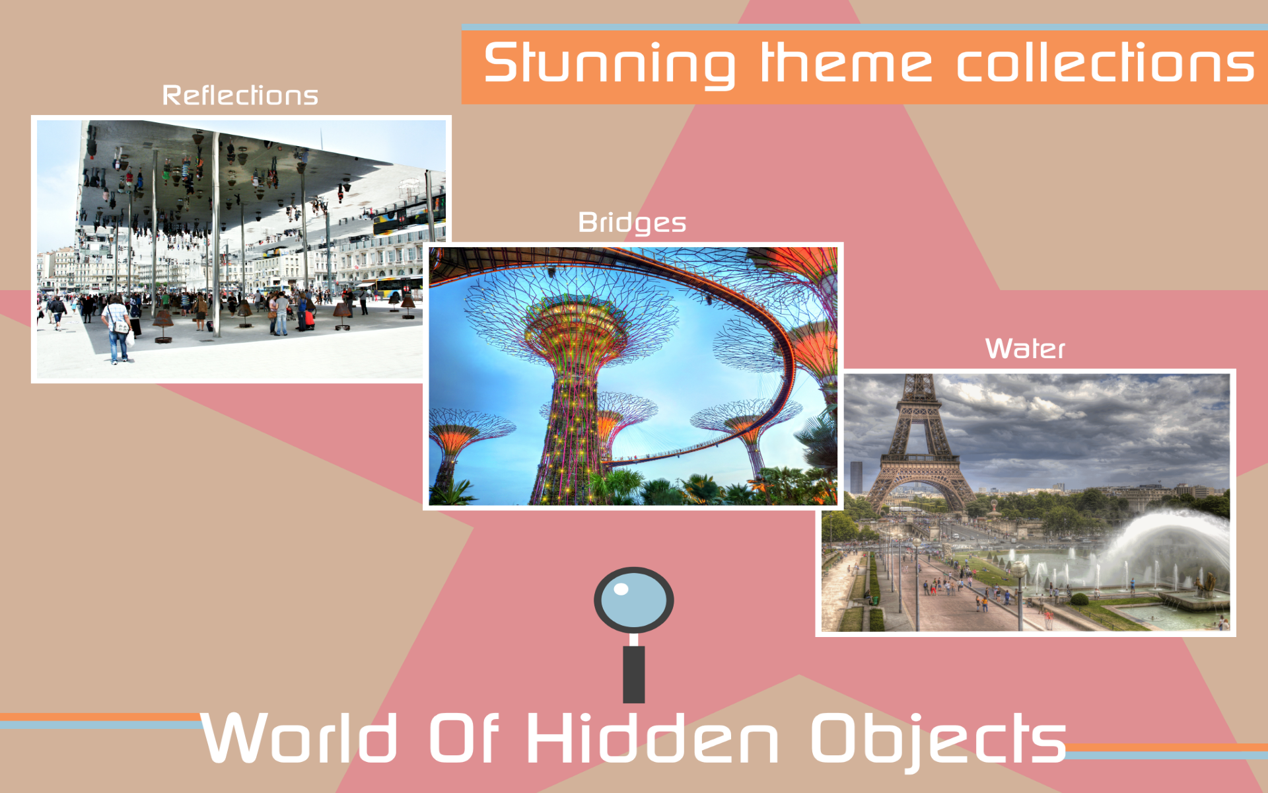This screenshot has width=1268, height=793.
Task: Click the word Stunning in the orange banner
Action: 609,64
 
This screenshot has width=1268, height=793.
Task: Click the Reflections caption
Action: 240,96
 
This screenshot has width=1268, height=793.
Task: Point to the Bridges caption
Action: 632,223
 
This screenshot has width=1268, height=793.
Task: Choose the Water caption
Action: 1025,348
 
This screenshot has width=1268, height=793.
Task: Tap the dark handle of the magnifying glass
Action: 633,674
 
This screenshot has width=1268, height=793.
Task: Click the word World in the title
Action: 299,738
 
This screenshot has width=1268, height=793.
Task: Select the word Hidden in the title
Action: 652,738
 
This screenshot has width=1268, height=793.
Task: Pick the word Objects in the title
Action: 938,738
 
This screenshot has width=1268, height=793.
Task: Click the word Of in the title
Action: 464,738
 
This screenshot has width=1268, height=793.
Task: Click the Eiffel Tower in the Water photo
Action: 918,436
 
